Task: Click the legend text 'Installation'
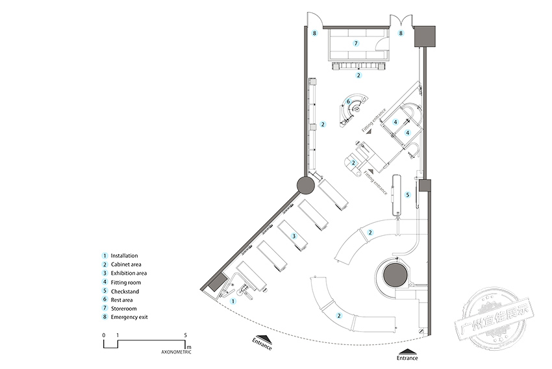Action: tap(124, 256)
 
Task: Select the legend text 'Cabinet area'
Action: tap(127, 265)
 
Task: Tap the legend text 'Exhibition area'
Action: tap(129, 274)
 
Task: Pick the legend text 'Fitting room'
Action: tap(126, 283)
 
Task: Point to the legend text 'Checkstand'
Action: tap(125, 292)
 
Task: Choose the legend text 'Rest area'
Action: tap(122, 301)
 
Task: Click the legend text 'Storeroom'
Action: tap(123, 310)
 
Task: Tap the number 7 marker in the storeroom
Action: tap(356, 43)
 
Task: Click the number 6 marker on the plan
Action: tap(348, 101)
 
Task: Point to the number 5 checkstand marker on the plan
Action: tap(408, 194)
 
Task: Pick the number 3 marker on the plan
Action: tap(294, 236)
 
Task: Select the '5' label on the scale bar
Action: tap(186, 335)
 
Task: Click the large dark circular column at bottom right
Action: tap(394, 275)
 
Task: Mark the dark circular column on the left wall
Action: tap(307, 186)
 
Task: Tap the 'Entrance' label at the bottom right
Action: tap(408, 358)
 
